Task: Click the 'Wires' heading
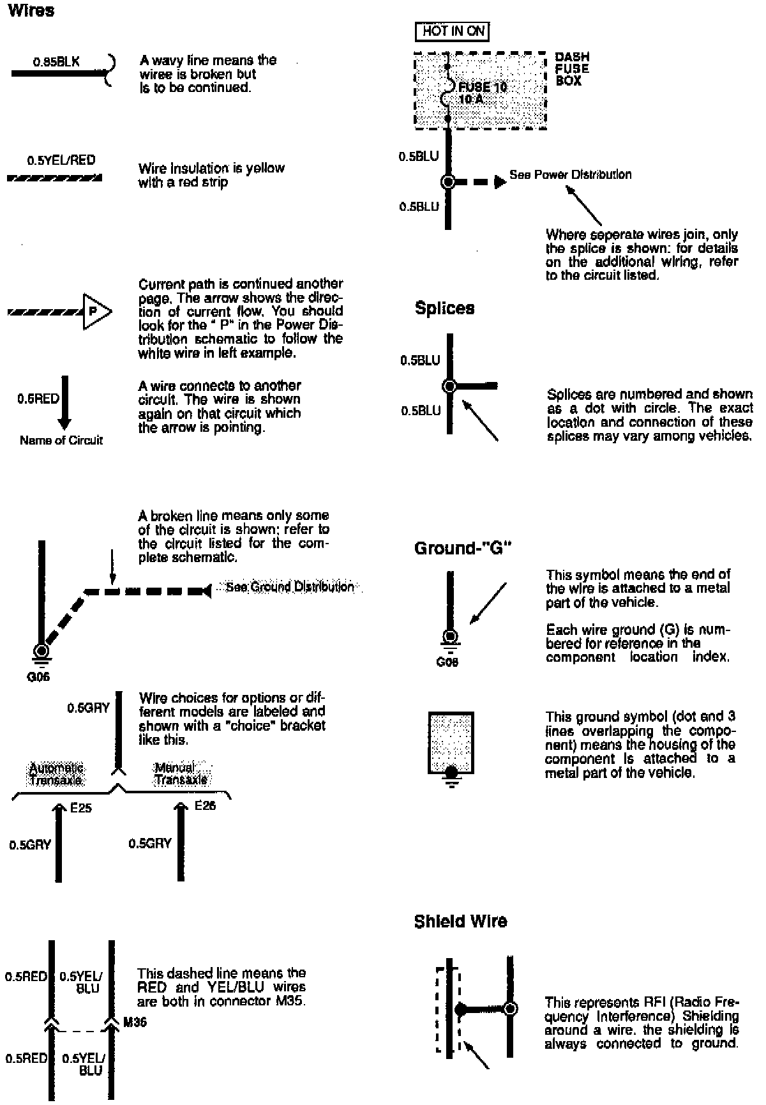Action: point(31,11)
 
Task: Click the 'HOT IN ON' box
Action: point(453,31)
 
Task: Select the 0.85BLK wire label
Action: point(56,63)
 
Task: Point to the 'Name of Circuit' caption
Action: point(61,440)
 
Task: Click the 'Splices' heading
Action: point(444,308)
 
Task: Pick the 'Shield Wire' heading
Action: point(460,921)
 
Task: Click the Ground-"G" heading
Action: point(463,548)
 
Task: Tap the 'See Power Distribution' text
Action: point(570,174)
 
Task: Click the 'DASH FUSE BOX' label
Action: point(571,68)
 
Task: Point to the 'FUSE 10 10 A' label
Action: point(482,93)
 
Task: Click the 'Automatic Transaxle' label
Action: point(56,773)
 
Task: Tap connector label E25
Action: point(81,808)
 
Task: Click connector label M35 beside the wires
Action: point(134,1022)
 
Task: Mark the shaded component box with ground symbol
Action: point(451,743)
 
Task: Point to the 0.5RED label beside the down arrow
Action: point(38,399)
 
